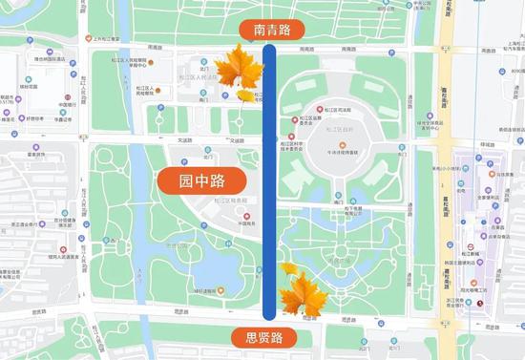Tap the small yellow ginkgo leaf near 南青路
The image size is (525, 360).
(x=246, y=95)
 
